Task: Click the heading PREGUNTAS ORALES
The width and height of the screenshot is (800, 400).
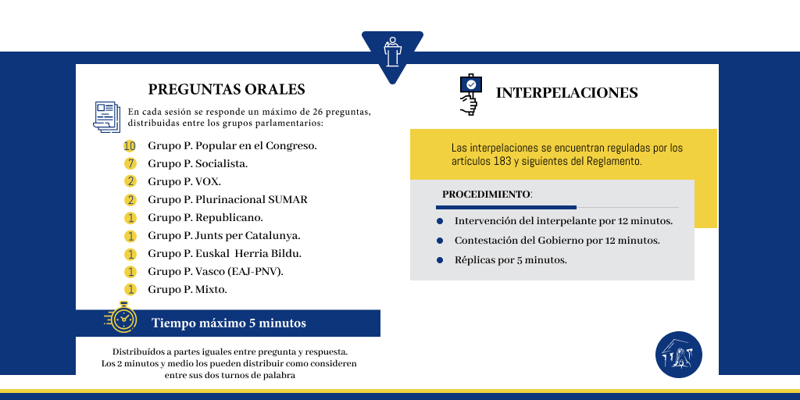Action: (x=227, y=89)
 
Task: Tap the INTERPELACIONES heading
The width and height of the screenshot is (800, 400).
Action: (x=566, y=93)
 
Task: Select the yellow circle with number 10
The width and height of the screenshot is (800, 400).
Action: (x=130, y=146)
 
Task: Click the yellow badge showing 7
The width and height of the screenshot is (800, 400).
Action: (x=130, y=164)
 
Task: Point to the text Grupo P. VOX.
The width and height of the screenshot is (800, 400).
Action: (x=184, y=181)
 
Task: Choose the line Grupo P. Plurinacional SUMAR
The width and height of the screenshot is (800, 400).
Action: (x=227, y=199)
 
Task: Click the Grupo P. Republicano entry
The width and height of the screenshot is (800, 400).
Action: (x=205, y=217)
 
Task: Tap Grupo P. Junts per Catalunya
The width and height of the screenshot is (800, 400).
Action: (x=224, y=235)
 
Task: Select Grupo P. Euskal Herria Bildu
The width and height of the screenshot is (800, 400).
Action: (x=224, y=253)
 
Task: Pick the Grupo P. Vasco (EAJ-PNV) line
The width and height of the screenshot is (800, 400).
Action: (x=216, y=271)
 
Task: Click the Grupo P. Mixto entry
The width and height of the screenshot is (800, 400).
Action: (x=187, y=289)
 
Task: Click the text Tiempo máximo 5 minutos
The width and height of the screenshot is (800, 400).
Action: (x=229, y=323)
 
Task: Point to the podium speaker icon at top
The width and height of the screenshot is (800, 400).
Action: (x=392, y=52)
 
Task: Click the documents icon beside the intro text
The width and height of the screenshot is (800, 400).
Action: (x=106, y=116)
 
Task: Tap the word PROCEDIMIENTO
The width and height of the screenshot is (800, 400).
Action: (x=486, y=194)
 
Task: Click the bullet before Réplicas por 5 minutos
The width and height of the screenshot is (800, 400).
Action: (x=440, y=260)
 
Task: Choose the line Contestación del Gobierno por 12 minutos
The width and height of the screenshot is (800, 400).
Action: (x=557, y=241)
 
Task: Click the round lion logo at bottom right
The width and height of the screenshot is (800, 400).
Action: (x=678, y=355)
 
